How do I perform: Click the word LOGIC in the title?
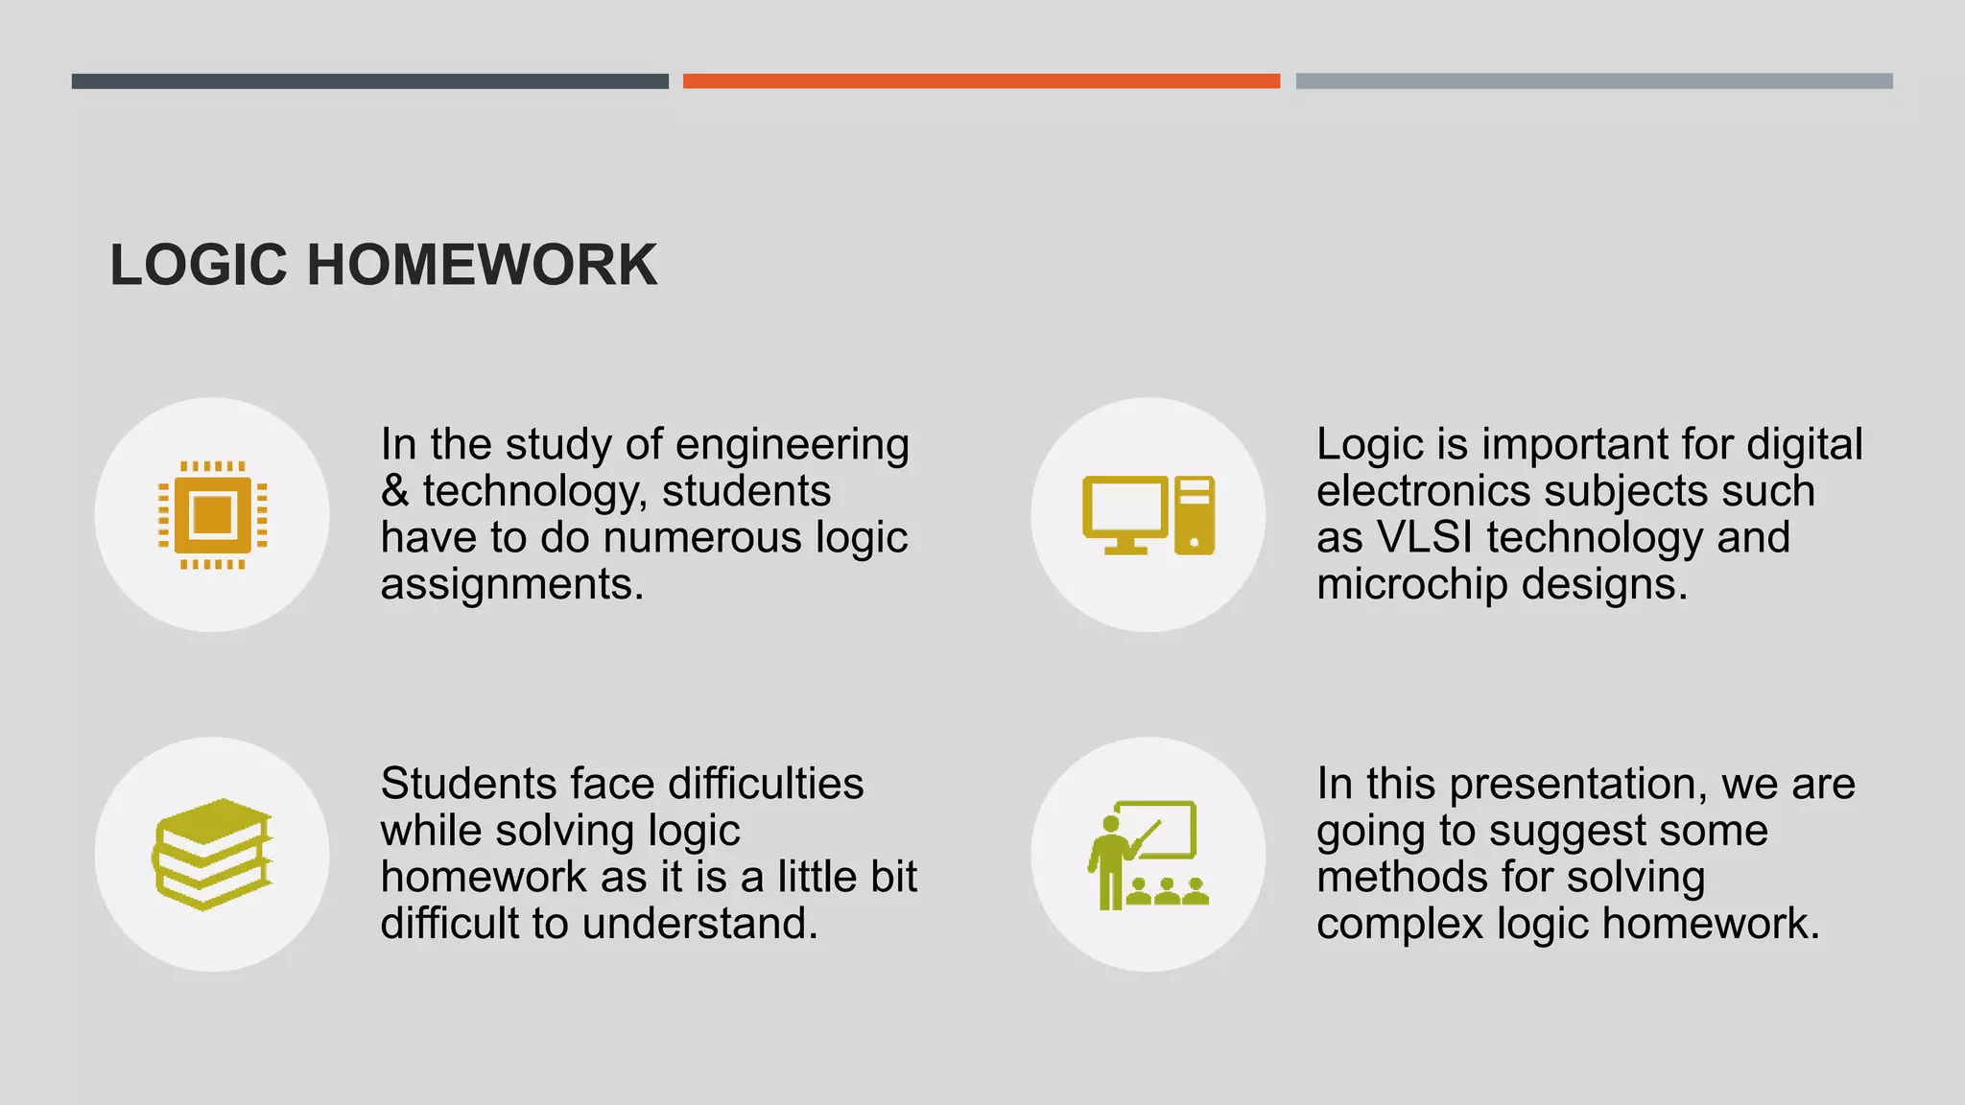[199, 265]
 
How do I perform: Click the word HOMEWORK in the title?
[482, 265]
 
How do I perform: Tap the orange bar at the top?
[981, 82]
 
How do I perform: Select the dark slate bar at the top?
[369, 82]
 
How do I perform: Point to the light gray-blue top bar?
[1594, 82]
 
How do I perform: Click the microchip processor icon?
[212, 515]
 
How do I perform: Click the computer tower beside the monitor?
[1195, 515]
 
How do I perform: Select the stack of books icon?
[212, 854]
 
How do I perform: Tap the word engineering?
[792, 445]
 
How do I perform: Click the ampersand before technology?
[394, 492]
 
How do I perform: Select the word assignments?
[511, 584]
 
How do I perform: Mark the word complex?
[1399, 925]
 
